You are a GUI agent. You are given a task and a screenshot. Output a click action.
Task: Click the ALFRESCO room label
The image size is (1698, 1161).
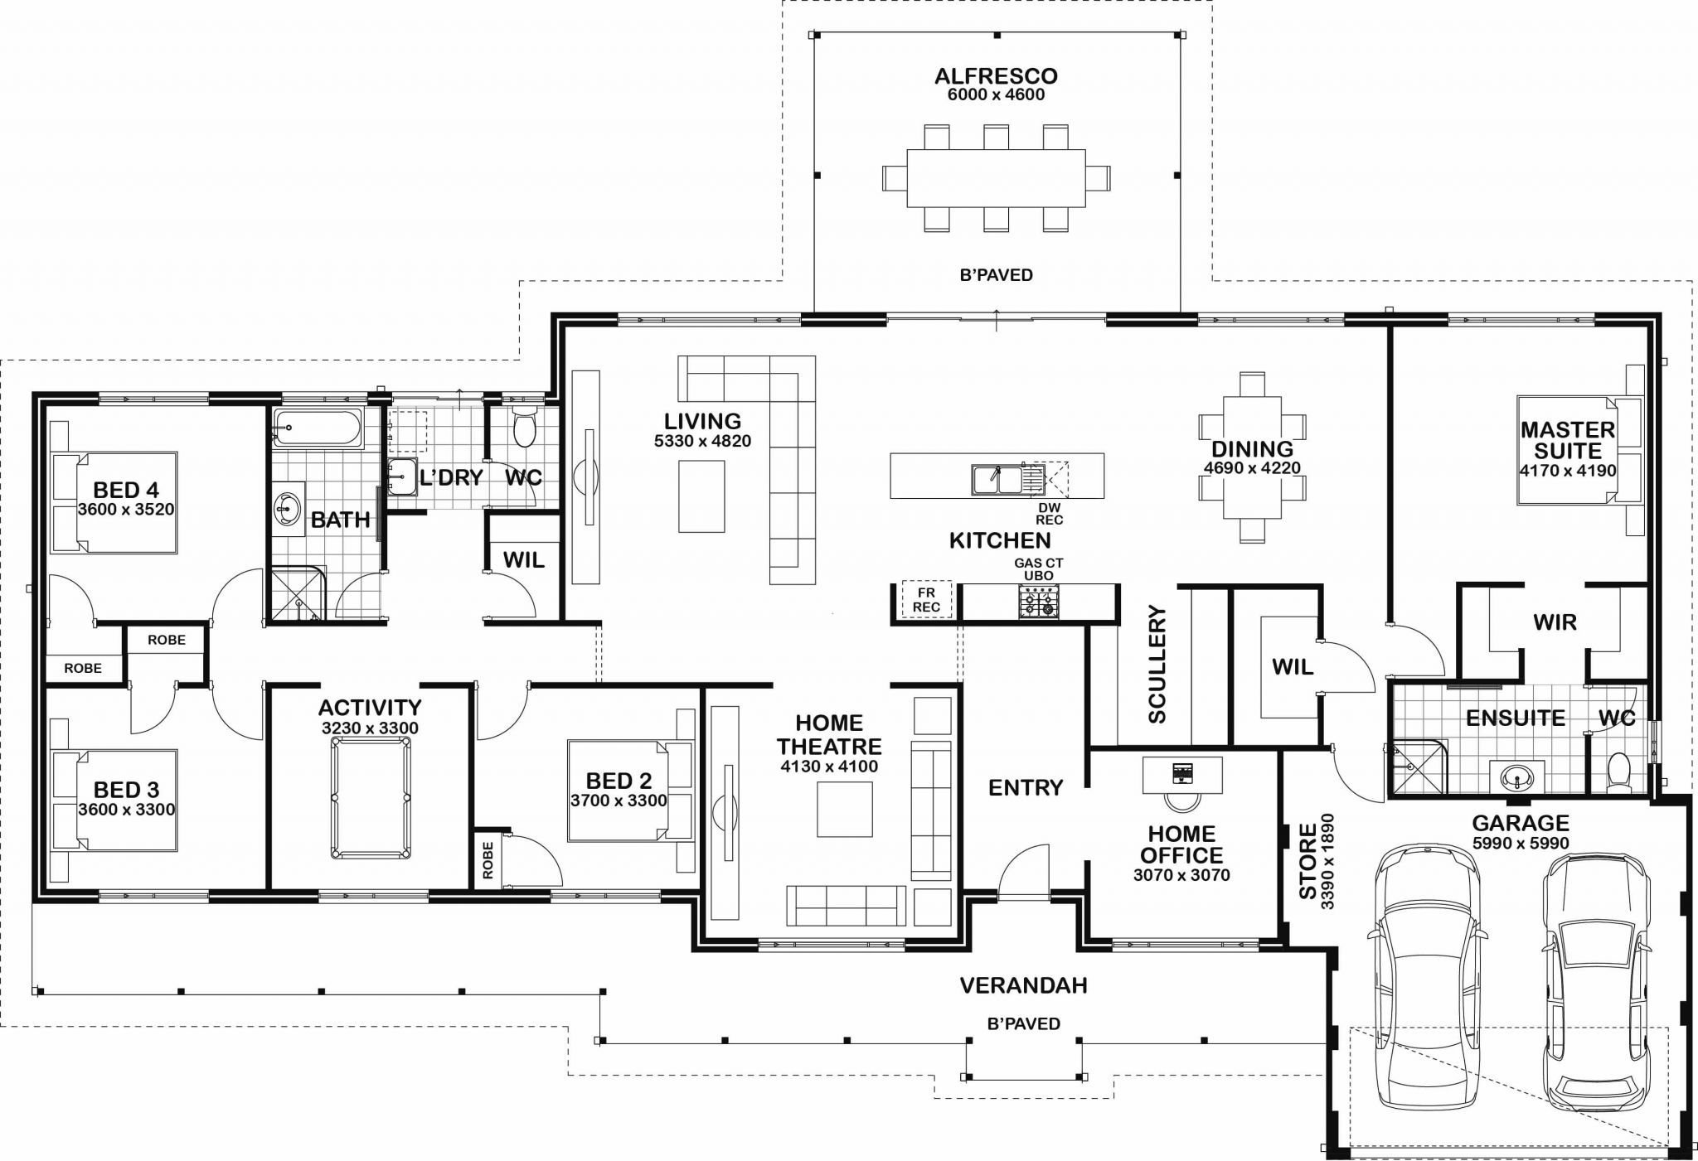tap(996, 76)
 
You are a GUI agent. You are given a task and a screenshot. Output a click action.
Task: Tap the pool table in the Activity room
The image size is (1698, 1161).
tap(371, 798)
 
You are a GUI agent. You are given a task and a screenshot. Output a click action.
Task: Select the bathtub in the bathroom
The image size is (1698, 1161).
tap(318, 428)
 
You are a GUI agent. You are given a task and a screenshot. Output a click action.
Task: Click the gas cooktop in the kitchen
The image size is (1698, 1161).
tap(1039, 602)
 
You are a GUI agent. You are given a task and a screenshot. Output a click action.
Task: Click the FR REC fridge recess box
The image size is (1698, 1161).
tap(926, 600)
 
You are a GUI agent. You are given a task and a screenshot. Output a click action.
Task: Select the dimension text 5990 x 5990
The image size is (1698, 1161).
tap(1521, 844)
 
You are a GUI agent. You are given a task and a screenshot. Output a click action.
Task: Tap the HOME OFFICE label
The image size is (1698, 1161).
tap(1181, 844)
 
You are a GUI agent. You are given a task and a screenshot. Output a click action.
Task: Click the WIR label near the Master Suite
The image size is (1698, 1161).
tap(1555, 622)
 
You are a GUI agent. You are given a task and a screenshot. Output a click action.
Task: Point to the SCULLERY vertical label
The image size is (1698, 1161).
tap(1157, 664)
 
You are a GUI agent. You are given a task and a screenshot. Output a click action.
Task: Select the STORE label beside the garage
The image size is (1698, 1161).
tap(1307, 861)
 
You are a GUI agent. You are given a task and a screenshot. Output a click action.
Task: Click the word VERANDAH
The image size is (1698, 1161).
tap(1023, 985)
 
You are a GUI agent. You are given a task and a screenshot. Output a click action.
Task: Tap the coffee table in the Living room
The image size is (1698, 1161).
tap(701, 496)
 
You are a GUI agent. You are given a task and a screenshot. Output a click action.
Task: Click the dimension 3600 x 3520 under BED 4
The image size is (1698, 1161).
tap(126, 510)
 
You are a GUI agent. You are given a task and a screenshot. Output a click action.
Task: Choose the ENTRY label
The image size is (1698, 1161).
tap(1026, 787)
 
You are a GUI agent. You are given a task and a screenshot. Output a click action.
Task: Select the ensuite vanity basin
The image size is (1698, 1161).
tap(1517, 777)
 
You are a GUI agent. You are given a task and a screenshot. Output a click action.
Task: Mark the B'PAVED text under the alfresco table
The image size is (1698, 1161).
tap(996, 275)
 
